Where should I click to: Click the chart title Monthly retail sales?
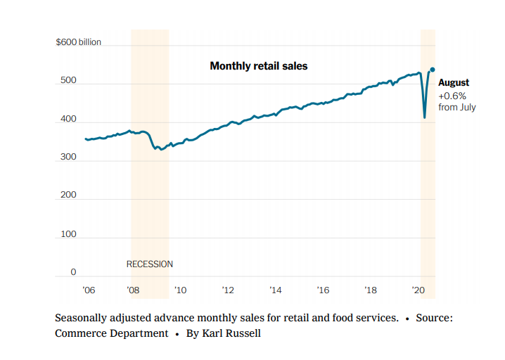pos(259,66)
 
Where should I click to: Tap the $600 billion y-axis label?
pos(78,42)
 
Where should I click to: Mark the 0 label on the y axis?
pos(72,272)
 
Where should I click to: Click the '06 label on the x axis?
pos(89,290)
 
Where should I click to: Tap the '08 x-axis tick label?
pos(133,290)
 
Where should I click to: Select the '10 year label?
pos(180,290)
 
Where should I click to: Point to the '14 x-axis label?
pos(275,290)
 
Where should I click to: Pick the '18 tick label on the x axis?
pos(371,290)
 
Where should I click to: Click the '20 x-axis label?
pos(418,290)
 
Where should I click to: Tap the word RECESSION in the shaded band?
pos(149,264)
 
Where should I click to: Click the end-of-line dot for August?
pos(433,70)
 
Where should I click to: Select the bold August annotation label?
pos(454,83)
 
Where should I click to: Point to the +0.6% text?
pos(452,96)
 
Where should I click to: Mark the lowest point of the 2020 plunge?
pos(425,117)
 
